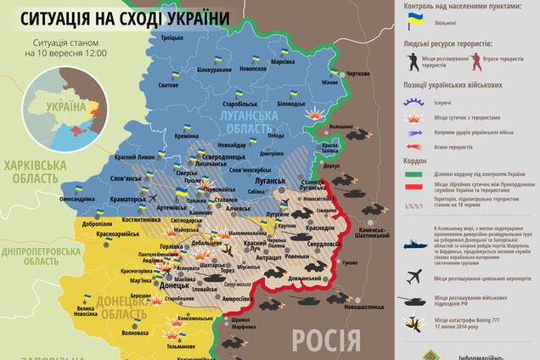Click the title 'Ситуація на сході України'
click(120, 18)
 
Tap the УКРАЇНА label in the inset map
click(66, 107)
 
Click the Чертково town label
click(359, 74)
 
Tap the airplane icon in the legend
click(413, 276)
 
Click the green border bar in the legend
click(413, 175)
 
